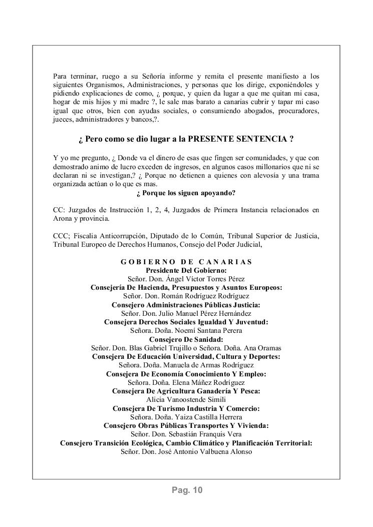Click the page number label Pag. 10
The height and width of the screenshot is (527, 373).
tap(186, 490)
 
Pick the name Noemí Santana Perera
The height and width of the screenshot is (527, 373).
tap(204, 330)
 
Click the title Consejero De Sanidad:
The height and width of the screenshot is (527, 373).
tap(186, 339)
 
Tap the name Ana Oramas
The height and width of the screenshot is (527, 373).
tap(262, 347)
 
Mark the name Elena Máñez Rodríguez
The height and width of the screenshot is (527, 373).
tap(205, 382)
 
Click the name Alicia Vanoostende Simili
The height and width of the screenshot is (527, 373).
tap(186, 399)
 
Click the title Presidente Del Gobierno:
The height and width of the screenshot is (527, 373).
tap(186, 270)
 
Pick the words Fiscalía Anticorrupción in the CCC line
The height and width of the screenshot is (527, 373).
tap(108, 236)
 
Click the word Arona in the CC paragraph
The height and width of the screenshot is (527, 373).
tap(63, 219)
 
